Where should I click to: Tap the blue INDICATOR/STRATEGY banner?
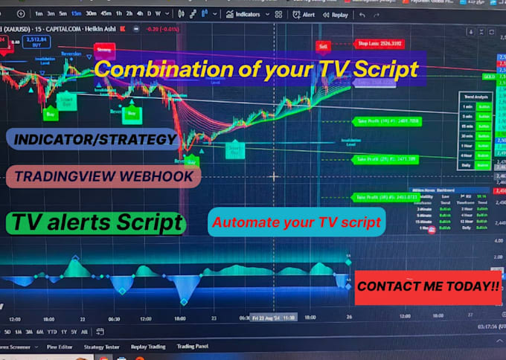click(95, 139)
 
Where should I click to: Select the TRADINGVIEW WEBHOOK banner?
click(102, 176)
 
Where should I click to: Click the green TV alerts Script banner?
click(96, 222)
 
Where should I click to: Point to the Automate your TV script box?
click(296, 222)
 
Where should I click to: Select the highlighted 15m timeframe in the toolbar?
click(76, 14)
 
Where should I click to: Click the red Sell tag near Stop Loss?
click(323, 46)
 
